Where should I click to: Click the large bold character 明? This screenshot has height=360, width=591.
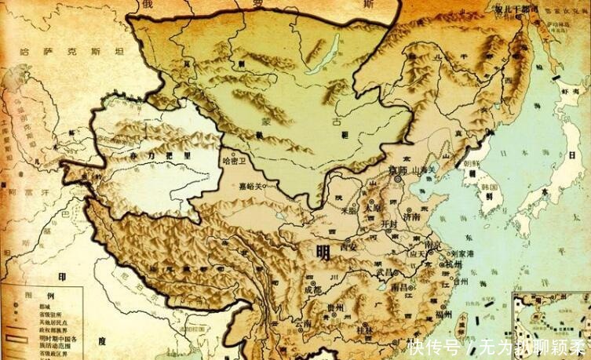(323, 253)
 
